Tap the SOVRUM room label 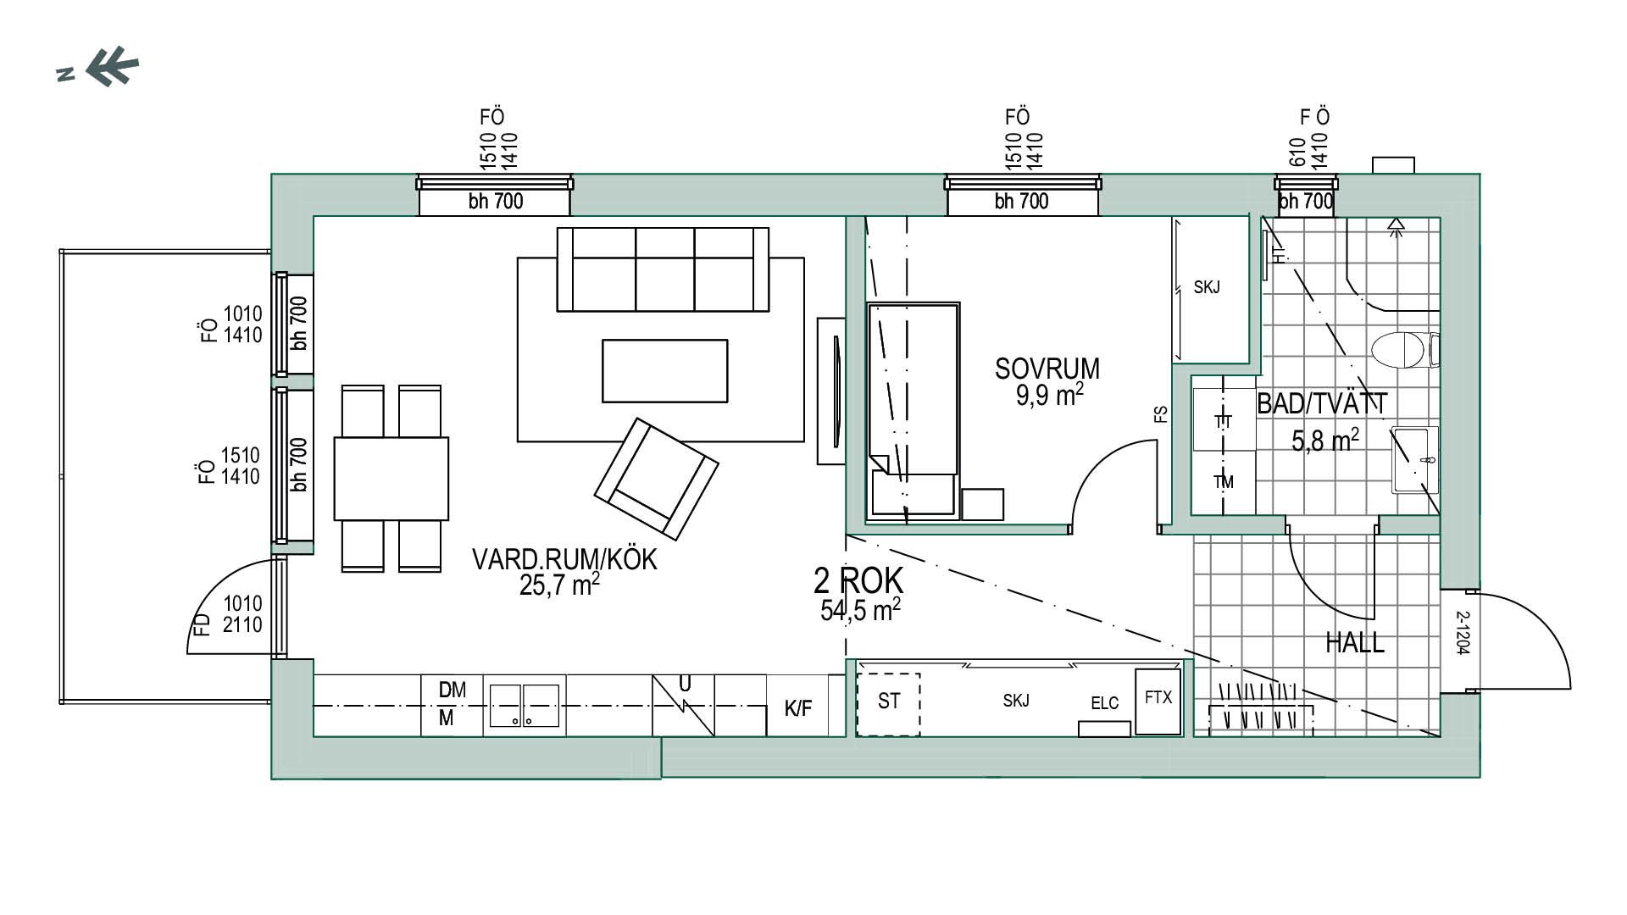(1047, 369)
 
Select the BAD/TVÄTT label (1322, 404)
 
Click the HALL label (1355, 643)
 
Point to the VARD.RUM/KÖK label (564, 560)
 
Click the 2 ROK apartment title (858, 581)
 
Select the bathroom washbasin (1415, 460)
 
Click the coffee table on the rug (665, 370)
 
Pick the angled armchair (656, 479)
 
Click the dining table (391, 478)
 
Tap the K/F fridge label (798, 709)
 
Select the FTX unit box (1158, 701)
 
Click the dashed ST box (888, 704)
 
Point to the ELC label (1104, 703)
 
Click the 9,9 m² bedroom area (1050, 394)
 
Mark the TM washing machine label (1223, 482)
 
